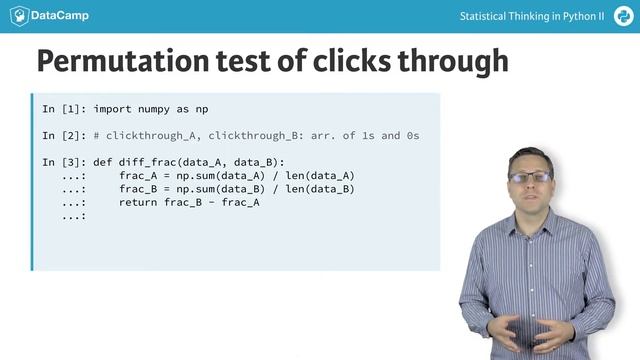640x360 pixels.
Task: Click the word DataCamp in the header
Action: tap(60, 17)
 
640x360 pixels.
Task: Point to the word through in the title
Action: tap(455, 61)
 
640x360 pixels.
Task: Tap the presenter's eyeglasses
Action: tap(529, 177)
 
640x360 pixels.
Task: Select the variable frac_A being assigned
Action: tap(139, 176)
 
